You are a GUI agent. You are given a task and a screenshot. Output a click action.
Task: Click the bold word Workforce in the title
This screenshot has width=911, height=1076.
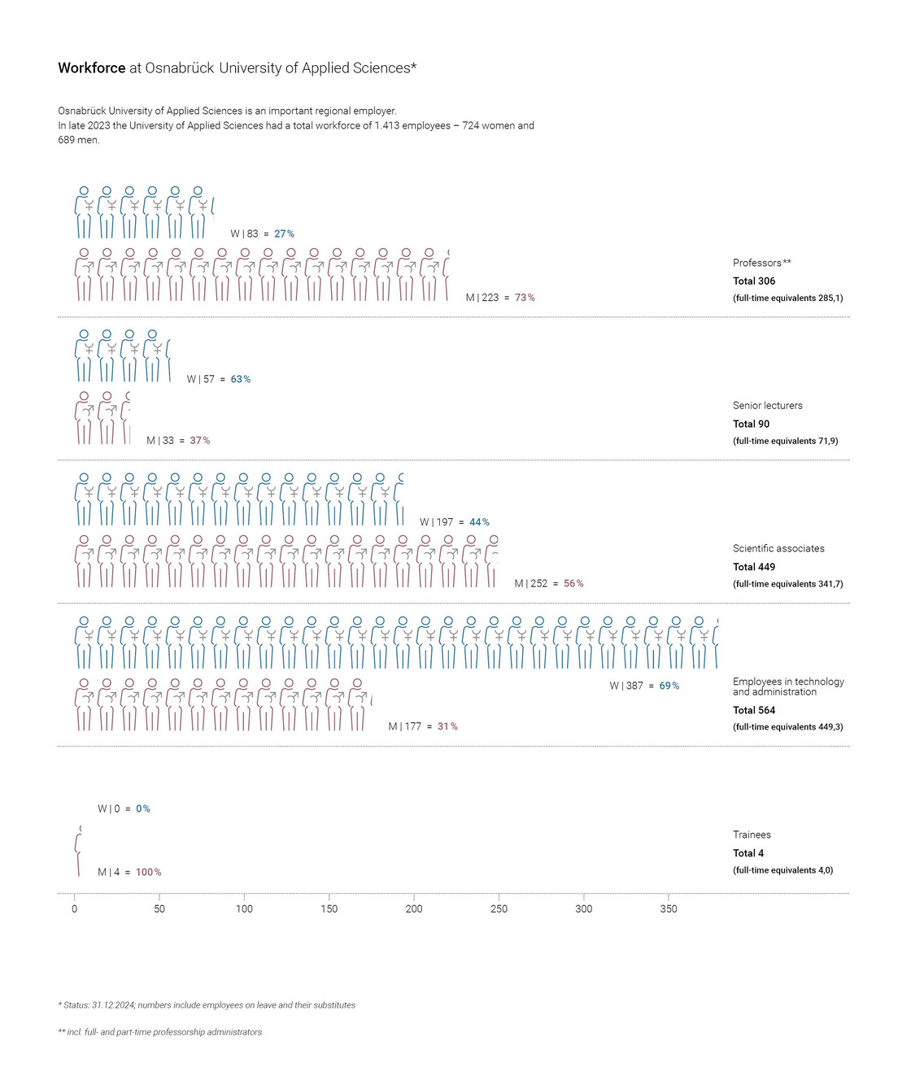click(91, 68)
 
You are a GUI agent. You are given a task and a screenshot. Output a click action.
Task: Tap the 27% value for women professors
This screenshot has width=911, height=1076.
click(284, 234)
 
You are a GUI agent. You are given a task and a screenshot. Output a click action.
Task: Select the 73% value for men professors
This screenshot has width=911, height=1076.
click(525, 298)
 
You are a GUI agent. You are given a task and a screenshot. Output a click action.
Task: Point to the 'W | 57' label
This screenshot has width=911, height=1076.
click(201, 380)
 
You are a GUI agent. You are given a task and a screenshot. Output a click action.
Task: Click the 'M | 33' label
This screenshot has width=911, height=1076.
click(160, 441)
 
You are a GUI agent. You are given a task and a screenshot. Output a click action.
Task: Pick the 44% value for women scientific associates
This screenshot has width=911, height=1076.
click(479, 522)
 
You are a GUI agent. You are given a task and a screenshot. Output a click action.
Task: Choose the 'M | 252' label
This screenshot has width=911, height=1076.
click(531, 584)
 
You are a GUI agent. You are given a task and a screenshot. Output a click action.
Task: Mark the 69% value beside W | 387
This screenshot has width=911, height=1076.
click(669, 686)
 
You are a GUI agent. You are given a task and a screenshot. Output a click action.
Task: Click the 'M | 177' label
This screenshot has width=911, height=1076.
click(405, 726)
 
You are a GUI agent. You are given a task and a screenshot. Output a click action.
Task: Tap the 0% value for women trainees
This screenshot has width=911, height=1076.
click(143, 809)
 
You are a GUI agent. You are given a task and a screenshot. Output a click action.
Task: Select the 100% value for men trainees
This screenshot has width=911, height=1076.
click(148, 873)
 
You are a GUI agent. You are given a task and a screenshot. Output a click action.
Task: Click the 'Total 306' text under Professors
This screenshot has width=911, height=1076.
click(754, 281)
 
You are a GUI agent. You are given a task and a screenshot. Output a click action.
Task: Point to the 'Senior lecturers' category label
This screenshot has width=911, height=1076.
click(767, 406)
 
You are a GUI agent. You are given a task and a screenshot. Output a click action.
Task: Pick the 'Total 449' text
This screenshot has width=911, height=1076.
click(754, 568)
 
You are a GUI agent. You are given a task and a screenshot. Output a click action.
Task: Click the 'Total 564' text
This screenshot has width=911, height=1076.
click(754, 711)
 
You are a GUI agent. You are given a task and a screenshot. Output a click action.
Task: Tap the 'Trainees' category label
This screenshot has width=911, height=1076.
click(752, 835)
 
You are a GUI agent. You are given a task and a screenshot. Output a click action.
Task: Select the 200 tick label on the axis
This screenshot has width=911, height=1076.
click(414, 909)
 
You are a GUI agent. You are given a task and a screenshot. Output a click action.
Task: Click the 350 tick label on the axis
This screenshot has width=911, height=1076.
click(669, 909)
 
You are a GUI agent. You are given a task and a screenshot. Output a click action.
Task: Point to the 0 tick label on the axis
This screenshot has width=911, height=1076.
click(75, 909)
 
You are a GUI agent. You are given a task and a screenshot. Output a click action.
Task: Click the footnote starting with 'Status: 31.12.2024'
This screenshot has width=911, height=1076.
click(208, 1005)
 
